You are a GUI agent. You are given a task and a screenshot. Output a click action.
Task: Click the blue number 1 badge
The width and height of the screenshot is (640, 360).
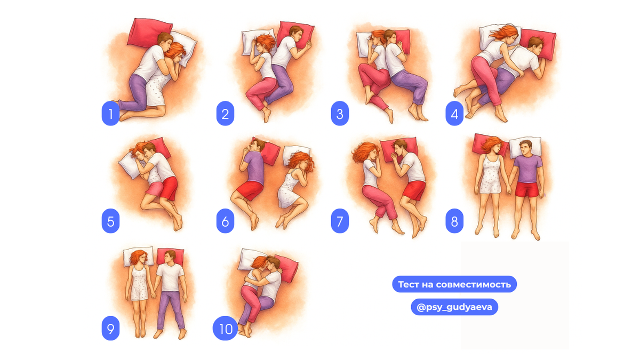[x=110, y=114]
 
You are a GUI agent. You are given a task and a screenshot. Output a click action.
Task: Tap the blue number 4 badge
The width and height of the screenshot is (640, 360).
[x=454, y=114]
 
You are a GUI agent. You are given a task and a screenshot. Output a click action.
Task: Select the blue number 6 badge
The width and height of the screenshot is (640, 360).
[x=225, y=221]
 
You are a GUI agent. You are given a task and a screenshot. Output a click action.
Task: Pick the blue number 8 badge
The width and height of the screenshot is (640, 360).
[x=454, y=221]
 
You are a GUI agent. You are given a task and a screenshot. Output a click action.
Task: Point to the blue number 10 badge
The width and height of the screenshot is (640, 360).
[x=225, y=329]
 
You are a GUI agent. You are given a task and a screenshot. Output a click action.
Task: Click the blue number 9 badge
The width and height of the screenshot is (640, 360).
[x=110, y=329]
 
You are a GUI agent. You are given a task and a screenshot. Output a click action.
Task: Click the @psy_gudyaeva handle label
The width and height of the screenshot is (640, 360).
[x=454, y=307]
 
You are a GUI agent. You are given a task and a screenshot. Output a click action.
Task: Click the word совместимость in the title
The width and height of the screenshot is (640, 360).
[x=474, y=284]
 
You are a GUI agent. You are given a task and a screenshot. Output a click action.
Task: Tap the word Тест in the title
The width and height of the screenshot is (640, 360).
[x=409, y=284]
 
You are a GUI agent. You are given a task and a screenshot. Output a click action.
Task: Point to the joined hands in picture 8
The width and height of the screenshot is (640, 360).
[x=509, y=190]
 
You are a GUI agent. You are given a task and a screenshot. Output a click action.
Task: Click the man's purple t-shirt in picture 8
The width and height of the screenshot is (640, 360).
[x=528, y=169]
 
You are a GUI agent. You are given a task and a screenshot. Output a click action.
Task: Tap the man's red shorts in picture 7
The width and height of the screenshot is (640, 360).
[x=414, y=190]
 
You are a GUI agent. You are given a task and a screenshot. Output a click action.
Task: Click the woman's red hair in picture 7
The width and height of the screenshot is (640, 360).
[x=364, y=151]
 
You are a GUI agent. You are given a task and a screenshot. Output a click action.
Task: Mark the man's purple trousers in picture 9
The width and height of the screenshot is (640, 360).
[x=171, y=310]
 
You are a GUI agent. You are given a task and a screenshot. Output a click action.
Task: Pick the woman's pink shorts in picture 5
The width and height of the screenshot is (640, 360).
[x=154, y=189]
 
